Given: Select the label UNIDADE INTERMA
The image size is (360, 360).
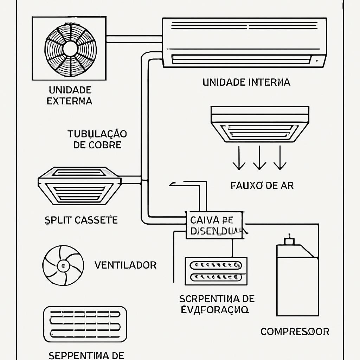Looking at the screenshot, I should coord(246,82).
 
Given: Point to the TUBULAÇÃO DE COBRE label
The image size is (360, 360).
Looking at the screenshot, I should coord(97,139).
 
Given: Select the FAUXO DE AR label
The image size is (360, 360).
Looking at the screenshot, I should coord(262,185).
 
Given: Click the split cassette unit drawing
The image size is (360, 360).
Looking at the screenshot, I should coord(79,185).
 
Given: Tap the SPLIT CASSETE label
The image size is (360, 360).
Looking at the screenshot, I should coord(81,220).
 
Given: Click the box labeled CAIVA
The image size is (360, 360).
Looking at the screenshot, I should coord(214,225).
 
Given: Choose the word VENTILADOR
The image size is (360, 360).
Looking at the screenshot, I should coord(126,265).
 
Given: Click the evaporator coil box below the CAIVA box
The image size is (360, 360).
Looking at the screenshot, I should coord(216,271).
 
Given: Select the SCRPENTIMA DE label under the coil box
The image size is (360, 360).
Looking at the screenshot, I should coord(217,299).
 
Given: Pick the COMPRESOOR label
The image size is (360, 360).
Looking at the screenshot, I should coord(295,331).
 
